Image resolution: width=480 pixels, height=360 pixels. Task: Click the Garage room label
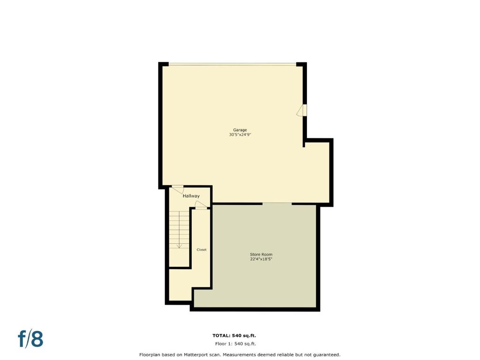click(x=240, y=130)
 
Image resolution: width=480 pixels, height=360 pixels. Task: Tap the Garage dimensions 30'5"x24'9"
click(x=240, y=135)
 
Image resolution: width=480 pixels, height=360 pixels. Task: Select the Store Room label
click(x=261, y=255)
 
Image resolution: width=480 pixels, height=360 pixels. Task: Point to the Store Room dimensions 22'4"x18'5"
click(x=261, y=259)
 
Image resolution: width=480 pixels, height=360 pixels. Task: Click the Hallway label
click(x=191, y=196)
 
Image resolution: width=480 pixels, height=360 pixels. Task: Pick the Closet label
click(x=202, y=250)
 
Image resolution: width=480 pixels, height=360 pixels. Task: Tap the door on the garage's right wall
click(x=302, y=110)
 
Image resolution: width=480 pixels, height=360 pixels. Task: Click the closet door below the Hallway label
click(x=201, y=205)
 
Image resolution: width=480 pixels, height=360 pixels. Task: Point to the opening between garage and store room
click(x=277, y=203)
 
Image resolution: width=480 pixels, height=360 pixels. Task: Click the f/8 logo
click(x=30, y=338)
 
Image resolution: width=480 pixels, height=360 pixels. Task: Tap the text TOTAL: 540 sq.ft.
click(x=234, y=336)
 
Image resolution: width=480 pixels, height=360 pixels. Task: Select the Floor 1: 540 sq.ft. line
click(x=235, y=344)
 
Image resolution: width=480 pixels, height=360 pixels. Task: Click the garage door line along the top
click(x=232, y=64)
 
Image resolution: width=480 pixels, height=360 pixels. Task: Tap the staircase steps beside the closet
click(x=180, y=230)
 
